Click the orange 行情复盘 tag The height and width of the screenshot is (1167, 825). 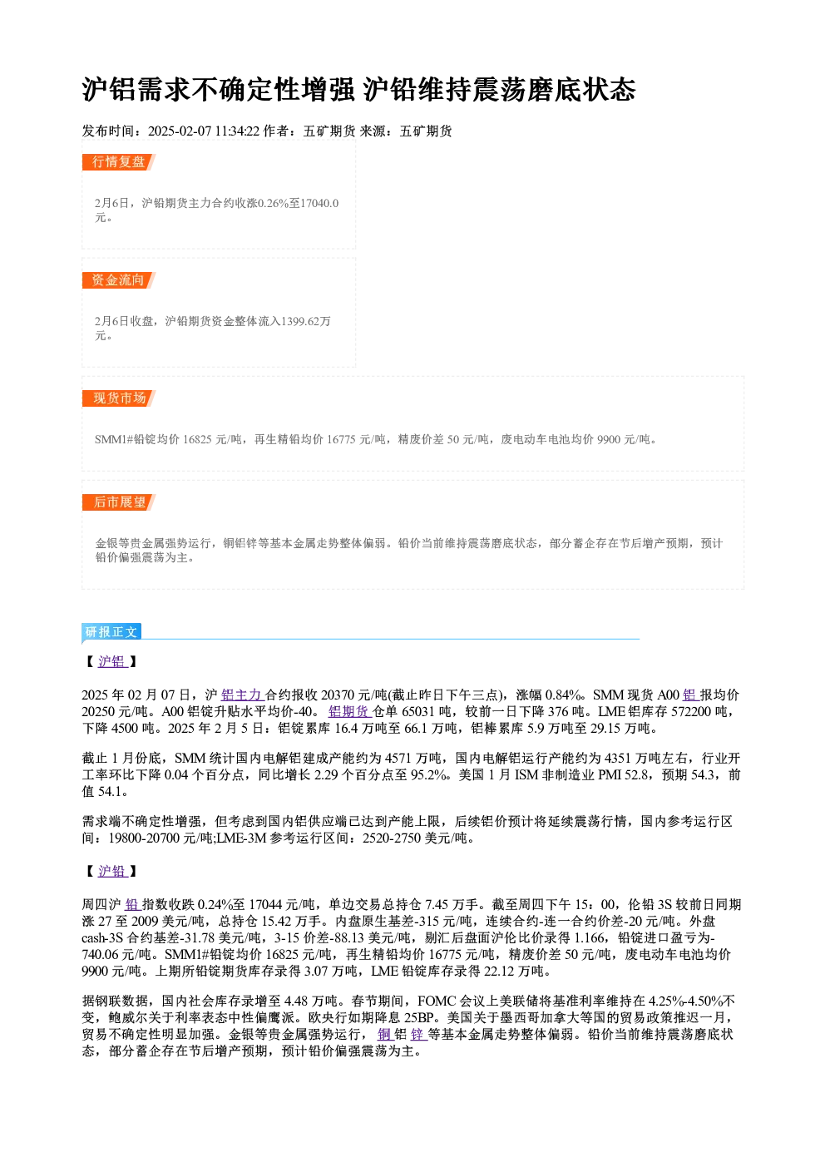(x=118, y=162)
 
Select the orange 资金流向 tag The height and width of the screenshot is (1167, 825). (x=118, y=280)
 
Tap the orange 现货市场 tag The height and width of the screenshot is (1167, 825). (x=118, y=398)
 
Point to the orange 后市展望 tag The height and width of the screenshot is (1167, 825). (x=118, y=502)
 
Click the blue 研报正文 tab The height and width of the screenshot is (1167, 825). (x=111, y=632)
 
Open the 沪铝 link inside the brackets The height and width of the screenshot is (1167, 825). (x=112, y=661)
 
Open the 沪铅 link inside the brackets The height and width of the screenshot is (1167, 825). (x=112, y=871)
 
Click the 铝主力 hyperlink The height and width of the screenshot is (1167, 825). (x=241, y=695)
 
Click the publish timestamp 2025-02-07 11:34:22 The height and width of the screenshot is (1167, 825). (x=204, y=131)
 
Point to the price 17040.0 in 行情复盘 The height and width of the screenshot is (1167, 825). (x=319, y=203)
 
